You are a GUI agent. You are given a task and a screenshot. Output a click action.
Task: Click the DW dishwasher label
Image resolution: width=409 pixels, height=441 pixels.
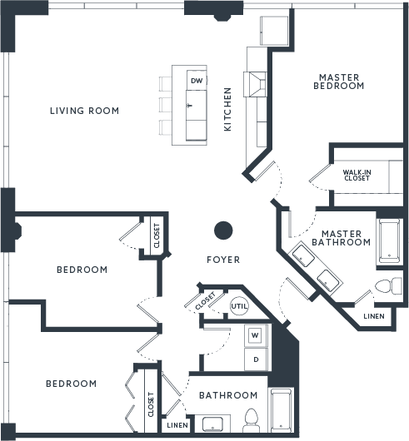click(x=197, y=81)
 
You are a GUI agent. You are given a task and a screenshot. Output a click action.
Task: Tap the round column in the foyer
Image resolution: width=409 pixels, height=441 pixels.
click(x=223, y=230)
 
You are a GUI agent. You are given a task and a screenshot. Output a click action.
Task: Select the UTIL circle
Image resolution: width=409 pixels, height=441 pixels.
click(x=239, y=306)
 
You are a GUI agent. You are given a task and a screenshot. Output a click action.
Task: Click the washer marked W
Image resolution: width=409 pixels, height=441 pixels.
click(x=255, y=335)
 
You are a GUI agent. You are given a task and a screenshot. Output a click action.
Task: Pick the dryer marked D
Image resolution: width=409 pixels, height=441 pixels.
click(x=256, y=359)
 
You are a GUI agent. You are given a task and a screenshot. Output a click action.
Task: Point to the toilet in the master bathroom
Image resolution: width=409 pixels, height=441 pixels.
click(x=389, y=286)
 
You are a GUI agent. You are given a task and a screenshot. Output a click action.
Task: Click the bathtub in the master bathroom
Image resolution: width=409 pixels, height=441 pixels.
click(x=390, y=240)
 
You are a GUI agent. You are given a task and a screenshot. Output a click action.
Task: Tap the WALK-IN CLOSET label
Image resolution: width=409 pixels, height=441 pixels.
click(x=357, y=175)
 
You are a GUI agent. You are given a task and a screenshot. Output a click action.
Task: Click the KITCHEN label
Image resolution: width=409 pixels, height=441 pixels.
click(x=227, y=109)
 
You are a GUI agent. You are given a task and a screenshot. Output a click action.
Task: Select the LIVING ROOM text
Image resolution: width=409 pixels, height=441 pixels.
click(x=84, y=111)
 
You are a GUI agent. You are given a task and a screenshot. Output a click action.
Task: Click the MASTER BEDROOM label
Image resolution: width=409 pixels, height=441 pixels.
click(x=339, y=82)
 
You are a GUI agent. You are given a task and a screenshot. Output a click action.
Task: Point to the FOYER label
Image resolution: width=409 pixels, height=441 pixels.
click(x=223, y=260)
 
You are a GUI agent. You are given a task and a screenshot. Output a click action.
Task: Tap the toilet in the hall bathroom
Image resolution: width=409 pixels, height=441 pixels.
click(x=250, y=420)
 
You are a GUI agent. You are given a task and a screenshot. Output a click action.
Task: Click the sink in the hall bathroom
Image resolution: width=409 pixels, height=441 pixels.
click(x=212, y=424)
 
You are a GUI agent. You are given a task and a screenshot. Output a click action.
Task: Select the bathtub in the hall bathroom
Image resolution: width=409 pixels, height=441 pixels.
click(x=281, y=410)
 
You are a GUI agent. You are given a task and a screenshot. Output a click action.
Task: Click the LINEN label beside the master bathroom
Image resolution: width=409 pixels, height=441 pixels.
click(x=374, y=316)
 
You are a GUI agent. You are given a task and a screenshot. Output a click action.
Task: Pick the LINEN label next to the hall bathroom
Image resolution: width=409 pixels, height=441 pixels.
click(x=177, y=425)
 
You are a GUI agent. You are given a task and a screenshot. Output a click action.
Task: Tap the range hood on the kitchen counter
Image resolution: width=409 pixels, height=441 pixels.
click(x=255, y=84)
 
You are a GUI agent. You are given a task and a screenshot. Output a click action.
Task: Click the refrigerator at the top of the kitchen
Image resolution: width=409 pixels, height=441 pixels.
click(x=274, y=31)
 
